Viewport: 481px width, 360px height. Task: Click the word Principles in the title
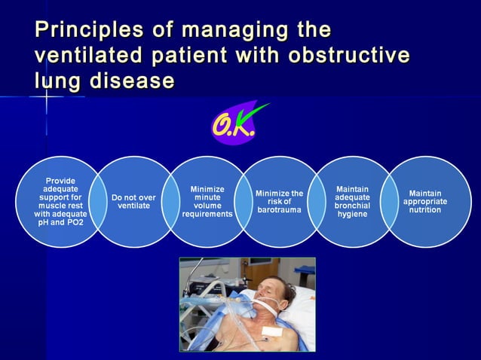pyautogui.click(x=84, y=31)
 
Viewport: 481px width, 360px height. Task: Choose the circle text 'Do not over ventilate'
pyautogui.click(x=133, y=202)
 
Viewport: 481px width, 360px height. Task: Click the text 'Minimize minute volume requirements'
pyautogui.click(x=207, y=202)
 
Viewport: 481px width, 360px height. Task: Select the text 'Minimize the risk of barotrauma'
pyautogui.click(x=279, y=202)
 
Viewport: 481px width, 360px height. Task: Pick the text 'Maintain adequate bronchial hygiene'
pyautogui.click(x=352, y=201)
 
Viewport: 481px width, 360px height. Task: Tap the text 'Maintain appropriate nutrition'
pyautogui.click(x=424, y=202)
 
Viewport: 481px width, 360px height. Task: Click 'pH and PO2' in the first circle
pyautogui.click(x=60, y=223)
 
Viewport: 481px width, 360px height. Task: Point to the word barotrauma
pyautogui.click(x=279, y=210)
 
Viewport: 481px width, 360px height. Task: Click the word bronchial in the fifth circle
pyautogui.click(x=352, y=206)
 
